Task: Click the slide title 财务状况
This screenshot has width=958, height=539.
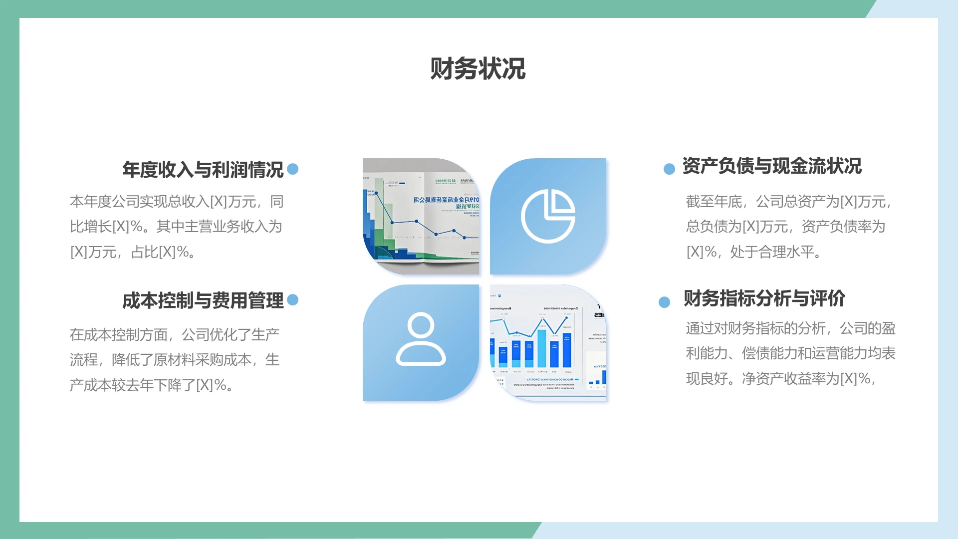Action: [x=478, y=69]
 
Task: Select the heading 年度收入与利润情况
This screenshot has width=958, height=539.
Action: [x=203, y=170]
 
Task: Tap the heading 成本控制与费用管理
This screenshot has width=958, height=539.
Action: [x=203, y=300]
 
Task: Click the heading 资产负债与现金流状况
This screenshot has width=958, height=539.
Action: [x=771, y=166]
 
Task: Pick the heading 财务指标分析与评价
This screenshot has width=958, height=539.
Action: [x=764, y=298]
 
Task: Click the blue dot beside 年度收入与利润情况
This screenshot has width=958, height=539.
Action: [x=293, y=169]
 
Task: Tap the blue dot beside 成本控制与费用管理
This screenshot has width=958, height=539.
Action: [x=293, y=299]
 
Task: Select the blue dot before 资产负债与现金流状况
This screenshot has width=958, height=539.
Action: [x=669, y=169]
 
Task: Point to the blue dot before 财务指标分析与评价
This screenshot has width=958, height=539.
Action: [x=664, y=302]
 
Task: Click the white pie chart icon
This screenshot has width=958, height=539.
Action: [x=548, y=216]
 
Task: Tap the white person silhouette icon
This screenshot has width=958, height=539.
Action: [x=421, y=339]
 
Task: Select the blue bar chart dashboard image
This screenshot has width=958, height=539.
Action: [x=548, y=343]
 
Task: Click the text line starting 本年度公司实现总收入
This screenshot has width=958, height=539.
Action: [x=177, y=202]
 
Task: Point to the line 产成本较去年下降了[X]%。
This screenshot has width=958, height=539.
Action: [x=152, y=385]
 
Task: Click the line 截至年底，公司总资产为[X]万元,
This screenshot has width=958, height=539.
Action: [x=788, y=202]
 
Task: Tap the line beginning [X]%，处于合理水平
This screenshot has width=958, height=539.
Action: [x=753, y=252]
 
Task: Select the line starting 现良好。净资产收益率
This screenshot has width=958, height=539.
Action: [x=781, y=379]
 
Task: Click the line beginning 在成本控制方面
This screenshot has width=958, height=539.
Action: [x=175, y=334]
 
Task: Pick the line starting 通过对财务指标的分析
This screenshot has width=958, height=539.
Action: [x=790, y=328]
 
